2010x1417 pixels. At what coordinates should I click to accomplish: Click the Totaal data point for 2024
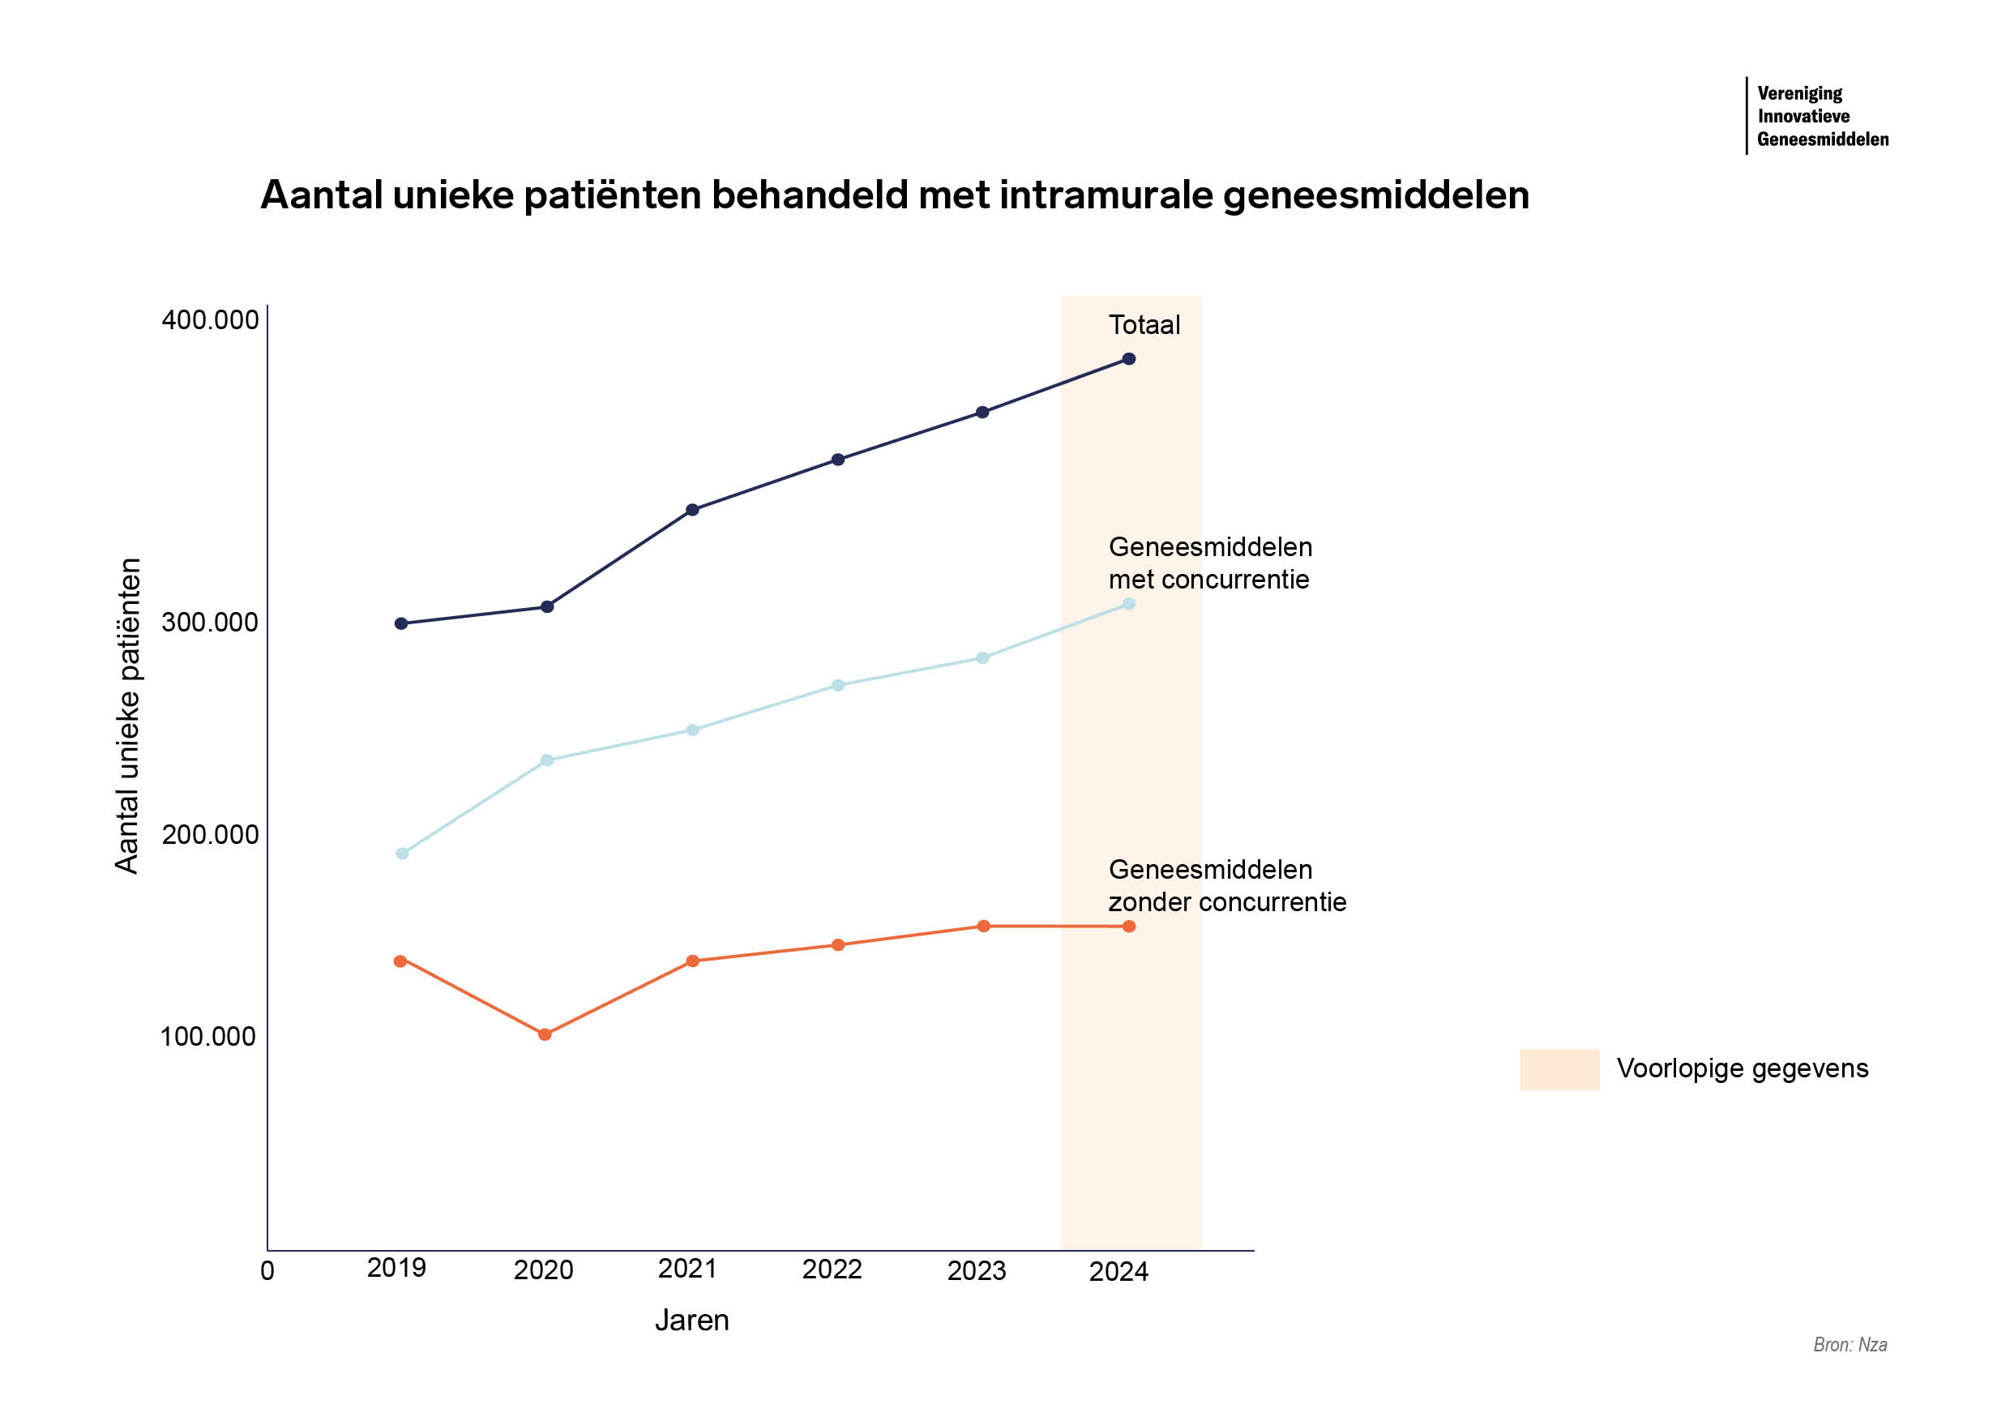click(x=1128, y=359)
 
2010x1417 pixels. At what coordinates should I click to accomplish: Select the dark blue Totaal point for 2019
click(x=401, y=623)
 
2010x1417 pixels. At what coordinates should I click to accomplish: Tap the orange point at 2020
click(x=545, y=1034)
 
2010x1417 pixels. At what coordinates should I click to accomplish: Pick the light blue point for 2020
click(x=547, y=760)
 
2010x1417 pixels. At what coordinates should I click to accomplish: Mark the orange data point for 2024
click(x=1128, y=927)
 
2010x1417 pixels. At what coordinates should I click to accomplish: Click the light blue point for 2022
click(x=838, y=685)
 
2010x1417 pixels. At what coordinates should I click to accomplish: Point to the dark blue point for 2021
click(x=692, y=510)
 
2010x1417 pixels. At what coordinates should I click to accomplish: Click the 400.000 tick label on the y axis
click(x=210, y=320)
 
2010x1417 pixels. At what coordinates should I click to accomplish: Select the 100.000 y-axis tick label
click(x=208, y=1037)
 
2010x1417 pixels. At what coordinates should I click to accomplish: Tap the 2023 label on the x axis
click(x=976, y=1271)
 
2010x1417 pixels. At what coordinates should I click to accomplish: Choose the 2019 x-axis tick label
click(x=396, y=1268)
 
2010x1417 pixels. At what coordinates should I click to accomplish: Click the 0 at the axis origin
click(x=268, y=1271)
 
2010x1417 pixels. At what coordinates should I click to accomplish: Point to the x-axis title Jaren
click(x=691, y=1320)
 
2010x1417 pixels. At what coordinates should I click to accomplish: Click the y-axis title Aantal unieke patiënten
click(x=128, y=716)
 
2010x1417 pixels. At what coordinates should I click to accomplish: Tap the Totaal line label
click(x=1144, y=325)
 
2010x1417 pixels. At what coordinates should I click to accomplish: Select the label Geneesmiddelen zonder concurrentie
click(x=1226, y=885)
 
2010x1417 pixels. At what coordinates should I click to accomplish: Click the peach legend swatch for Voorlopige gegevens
click(x=1559, y=1069)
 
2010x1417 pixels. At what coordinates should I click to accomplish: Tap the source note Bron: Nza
click(x=1850, y=1344)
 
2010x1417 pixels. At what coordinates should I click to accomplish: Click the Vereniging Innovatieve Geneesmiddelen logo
click(x=1821, y=117)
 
